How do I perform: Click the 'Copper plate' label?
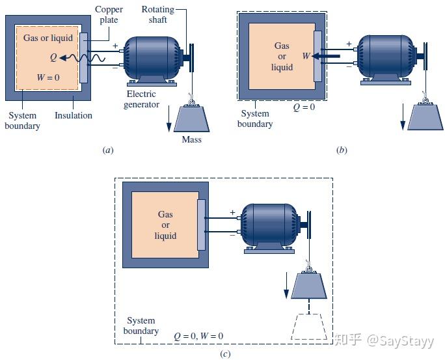point(109,14)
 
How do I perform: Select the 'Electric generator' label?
point(141,99)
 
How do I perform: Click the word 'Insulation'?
point(73,115)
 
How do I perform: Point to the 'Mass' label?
point(191,139)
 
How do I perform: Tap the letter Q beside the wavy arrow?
point(52,58)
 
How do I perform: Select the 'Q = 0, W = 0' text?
point(198,336)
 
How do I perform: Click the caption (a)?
point(109,150)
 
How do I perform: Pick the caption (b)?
point(342,150)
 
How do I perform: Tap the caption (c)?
point(225,354)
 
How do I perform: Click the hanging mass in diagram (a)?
point(191,118)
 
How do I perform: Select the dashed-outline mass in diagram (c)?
point(309,327)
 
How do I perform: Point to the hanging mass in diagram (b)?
point(425,117)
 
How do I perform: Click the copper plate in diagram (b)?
point(317,55)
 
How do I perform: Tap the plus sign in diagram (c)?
point(232,212)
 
